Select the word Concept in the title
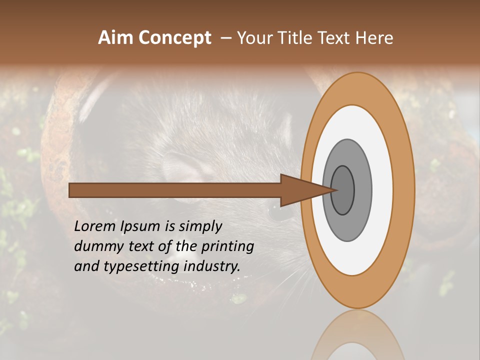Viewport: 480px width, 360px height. pos(174,38)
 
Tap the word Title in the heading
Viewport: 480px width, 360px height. pos(298,38)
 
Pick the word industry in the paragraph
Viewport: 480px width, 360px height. pos(212,266)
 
